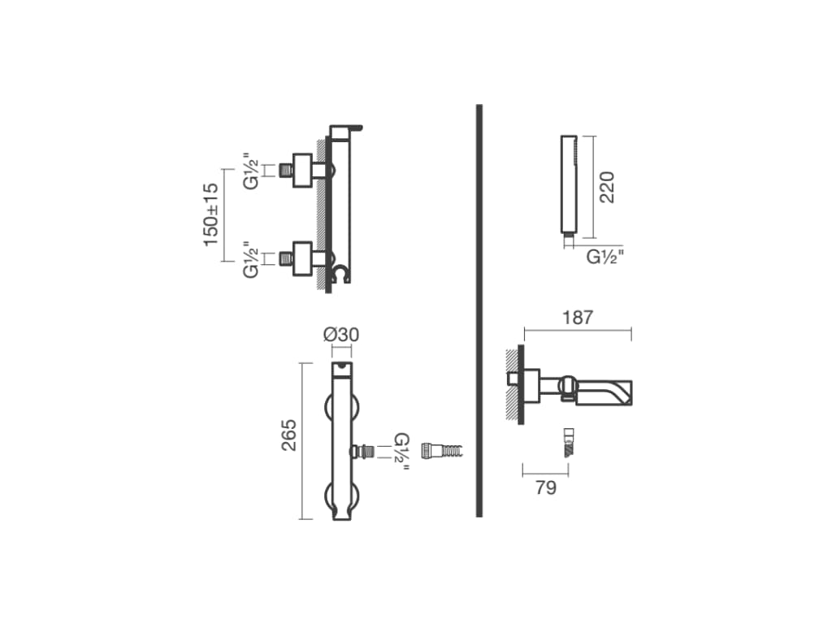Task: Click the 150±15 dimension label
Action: (x=211, y=214)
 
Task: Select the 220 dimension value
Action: (x=606, y=187)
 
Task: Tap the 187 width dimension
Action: (x=578, y=318)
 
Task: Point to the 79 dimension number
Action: (x=546, y=487)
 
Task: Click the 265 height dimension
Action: (x=289, y=435)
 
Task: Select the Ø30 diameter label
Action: (x=341, y=335)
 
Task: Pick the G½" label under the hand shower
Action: (x=604, y=257)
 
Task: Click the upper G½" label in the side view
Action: (x=251, y=171)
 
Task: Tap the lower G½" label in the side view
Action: (x=251, y=259)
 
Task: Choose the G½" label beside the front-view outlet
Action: (x=401, y=452)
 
